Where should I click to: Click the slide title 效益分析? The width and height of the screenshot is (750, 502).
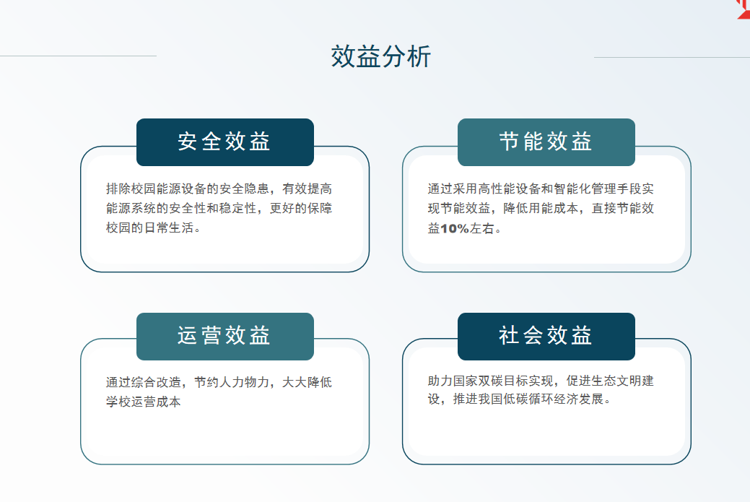point(380,56)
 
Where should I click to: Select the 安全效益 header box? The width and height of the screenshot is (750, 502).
point(224,142)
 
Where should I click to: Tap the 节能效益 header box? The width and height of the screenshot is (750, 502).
point(546,142)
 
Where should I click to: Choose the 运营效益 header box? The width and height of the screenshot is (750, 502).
point(224,337)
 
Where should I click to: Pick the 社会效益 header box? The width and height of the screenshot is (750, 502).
point(546,337)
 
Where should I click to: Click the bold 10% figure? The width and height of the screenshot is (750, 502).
point(454,229)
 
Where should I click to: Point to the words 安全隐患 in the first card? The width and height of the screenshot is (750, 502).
point(245,189)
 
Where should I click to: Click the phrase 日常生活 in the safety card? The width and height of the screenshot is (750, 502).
point(169,228)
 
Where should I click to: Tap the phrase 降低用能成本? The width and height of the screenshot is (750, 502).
point(541,208)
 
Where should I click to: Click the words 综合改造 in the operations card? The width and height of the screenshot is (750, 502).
point(157,382)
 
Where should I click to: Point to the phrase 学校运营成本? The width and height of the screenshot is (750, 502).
point(144,402)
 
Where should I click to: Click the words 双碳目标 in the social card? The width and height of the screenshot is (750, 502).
point(503,381)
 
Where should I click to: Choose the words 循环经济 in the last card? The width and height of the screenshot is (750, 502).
point(554,399)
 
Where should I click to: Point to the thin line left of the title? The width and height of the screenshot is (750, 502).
point(79,56)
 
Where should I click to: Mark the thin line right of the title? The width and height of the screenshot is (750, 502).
point(672,58)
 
